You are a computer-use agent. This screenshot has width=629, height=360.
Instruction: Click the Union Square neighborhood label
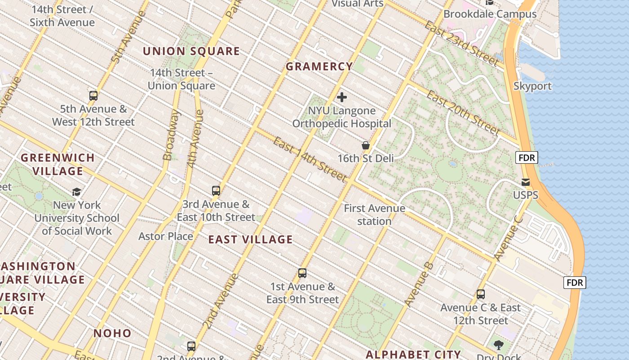tap(191, 51)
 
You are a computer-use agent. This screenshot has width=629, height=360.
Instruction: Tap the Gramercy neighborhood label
tap(319, 67)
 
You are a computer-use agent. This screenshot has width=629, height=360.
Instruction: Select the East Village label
tap(250, 240)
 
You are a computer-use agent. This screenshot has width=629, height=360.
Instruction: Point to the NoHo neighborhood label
tap(112, 333)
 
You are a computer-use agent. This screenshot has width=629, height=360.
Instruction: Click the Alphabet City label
tap(413, 354)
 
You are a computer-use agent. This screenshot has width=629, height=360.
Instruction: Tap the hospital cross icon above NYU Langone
tap(342, 97)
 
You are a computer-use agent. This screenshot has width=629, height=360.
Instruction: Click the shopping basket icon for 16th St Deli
tap(366, 145)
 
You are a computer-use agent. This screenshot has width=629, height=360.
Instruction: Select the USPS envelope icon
tap(525, 182)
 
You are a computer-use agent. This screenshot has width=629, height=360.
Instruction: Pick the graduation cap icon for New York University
tap(77, 192)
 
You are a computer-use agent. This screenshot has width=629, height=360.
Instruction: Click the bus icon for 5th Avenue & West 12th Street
tap(93, 95)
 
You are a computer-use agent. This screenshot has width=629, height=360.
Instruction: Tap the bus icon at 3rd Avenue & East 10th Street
tap(216, 191)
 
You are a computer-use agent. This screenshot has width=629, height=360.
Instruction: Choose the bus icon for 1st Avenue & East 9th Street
tap(302, 273)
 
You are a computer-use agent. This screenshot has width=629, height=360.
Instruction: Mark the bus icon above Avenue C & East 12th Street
tap(481, 294)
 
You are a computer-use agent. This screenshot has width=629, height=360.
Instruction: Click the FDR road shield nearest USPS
tap(526, 157)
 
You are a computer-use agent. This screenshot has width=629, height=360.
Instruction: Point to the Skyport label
tap(532, 86)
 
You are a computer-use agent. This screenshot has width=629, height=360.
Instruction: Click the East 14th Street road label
tap(310, 159)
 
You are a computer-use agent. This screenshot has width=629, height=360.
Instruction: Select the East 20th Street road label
tap(463, 112)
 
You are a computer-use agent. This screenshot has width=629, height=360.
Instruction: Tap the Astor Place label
tap(165, 236)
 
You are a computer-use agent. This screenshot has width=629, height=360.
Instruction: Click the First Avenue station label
tap(374, 215)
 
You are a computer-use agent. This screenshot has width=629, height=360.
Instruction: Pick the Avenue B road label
tap(418, 285)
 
